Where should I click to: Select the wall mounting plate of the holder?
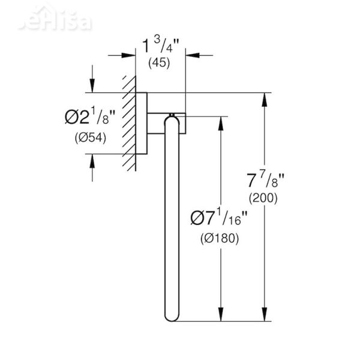(142, 123)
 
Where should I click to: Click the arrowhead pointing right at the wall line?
(128, 55)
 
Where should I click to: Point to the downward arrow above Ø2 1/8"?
(92, 86)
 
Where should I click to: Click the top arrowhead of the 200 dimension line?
(263, 99)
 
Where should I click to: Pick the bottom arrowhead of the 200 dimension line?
(263, 318)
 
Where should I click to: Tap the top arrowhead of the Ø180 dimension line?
(221, 121)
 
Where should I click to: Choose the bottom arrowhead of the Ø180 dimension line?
(221, 318)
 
